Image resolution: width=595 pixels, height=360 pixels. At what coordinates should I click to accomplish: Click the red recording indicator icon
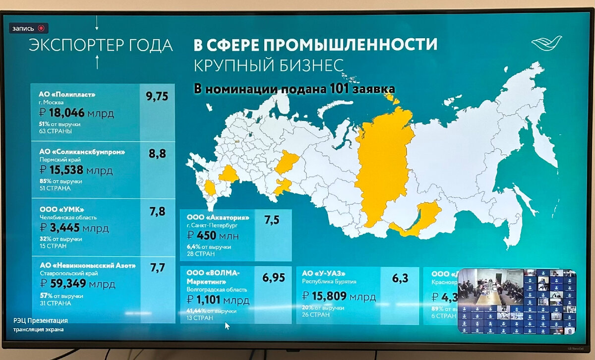[41, 28]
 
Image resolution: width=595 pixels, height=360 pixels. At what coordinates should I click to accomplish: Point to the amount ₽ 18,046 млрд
[76, 114]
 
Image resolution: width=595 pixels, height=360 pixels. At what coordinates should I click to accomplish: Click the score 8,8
[157, 154]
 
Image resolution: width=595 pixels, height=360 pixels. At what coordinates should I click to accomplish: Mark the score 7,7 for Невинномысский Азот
[157, 268]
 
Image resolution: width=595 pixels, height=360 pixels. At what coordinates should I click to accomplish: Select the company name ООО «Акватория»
[218, 218]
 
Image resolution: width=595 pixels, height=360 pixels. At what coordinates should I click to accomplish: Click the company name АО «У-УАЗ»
[323, 273]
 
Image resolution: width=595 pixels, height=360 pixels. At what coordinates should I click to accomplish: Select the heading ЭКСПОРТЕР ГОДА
[101, 46]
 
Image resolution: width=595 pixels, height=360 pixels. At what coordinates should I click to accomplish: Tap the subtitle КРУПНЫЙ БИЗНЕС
[268, 65]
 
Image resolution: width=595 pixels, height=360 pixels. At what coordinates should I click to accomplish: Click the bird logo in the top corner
[546, 42]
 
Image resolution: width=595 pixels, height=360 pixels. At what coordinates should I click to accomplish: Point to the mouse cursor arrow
[228, 326]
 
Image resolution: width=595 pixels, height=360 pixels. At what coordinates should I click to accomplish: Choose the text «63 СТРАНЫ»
[55, 131]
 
